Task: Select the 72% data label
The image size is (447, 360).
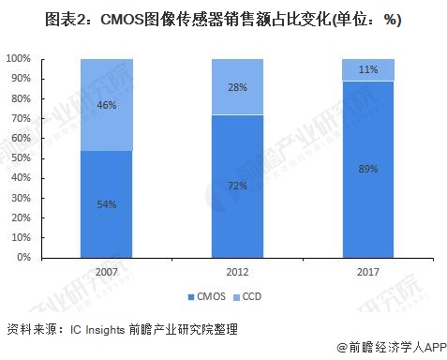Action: pyautogui.click(x=238, y=186)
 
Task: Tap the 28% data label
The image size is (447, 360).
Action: pyautogui.click(x=238, y=87)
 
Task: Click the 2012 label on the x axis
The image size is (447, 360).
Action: pyautogui.click(x=238, y=270)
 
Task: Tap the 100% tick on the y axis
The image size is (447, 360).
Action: pyautogui.click(x=19, y=59)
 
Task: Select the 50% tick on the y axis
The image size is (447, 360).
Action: pyautogui.click(x=22, y=157)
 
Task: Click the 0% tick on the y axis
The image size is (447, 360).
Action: pyautogui.click(x=24, y=257)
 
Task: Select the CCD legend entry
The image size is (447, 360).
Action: pyautogui.click(x=251, y=297)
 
